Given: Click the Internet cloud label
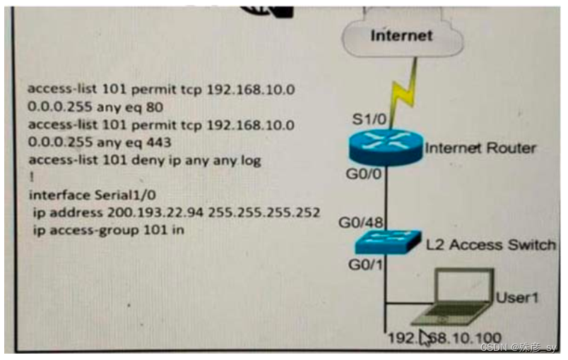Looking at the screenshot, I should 401,35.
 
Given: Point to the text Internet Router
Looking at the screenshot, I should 480,148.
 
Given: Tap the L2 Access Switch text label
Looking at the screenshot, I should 491,245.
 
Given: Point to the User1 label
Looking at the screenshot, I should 516,297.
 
